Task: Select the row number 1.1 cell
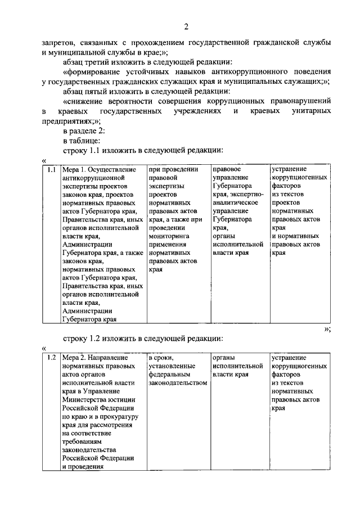(x=51, y=169)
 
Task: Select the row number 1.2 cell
(x=51, y=357)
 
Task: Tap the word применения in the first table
(x=169, y=245)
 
